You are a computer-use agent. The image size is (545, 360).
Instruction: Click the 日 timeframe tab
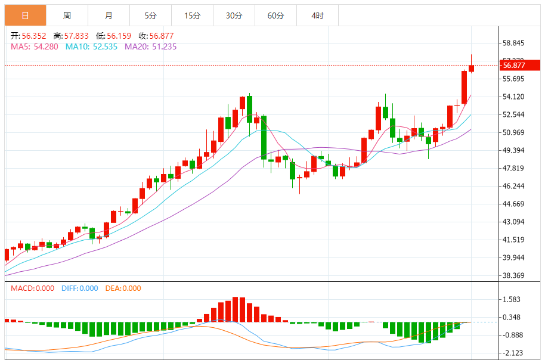[25, 15]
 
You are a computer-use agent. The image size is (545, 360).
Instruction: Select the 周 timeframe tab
[67, 15]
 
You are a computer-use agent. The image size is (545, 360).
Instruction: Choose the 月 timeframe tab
[109, 15]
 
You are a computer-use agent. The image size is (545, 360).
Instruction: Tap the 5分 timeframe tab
[150, 15]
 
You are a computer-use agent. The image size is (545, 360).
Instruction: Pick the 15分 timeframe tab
[192, 15]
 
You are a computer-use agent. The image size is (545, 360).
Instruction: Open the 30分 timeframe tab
[234, 15]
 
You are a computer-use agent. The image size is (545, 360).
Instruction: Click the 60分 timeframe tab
[275, 15]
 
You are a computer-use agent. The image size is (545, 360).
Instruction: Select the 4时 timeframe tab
[317, 15]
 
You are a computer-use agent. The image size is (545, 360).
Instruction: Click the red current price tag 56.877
[513, 66]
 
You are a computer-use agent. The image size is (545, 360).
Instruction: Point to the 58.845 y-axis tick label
[513, 43]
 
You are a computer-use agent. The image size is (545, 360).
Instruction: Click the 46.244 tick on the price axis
[513, 186]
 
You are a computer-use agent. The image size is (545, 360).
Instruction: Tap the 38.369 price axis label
[513, 275]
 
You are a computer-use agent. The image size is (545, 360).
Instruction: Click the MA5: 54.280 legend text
[34, 46]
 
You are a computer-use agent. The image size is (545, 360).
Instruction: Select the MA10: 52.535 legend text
[92, 46]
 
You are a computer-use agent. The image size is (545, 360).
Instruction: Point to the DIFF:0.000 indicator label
[79, 288]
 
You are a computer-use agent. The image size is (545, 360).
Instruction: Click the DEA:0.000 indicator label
[123, 288]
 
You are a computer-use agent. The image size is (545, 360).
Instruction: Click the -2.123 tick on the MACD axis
[513, 353]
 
